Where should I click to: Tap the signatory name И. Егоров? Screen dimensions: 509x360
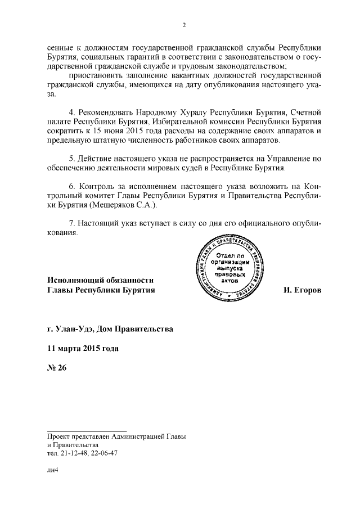[302, 290]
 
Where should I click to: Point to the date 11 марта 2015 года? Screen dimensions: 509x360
[83, 348]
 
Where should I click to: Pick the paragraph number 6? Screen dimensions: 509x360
[70, 186]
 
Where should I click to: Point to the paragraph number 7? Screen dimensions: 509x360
[70, 223]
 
